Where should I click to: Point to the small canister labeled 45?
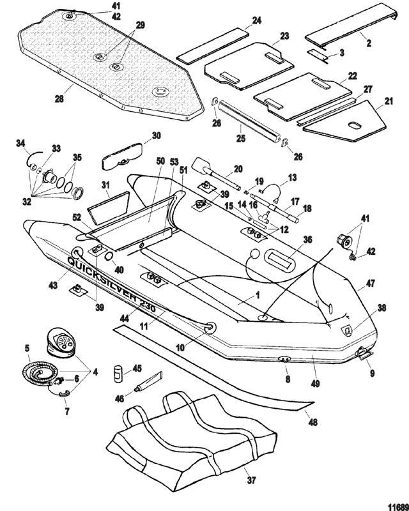[x=118, y=374]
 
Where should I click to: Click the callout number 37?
[x=251, y=480]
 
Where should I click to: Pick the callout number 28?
[x=59, y=98]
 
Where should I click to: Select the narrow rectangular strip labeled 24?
[x=213, y=45]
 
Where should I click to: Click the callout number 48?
[x=313, y=422]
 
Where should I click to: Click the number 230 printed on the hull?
[x=148, y=305]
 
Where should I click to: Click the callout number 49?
[x=316, y=384]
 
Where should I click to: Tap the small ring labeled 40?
[x=109, y=257]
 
